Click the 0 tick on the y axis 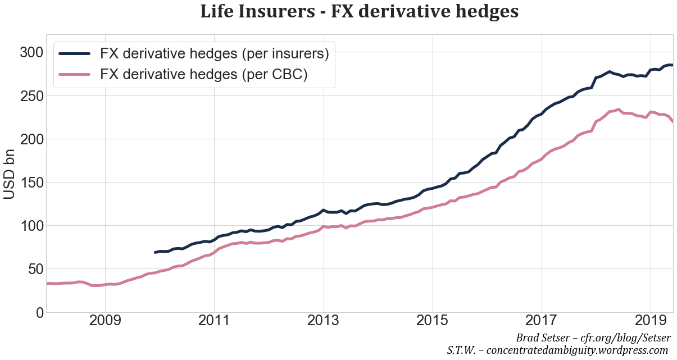click(x=38, y=312)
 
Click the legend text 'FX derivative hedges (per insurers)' click(x=214, y=54)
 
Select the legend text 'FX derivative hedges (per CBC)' click(x=203, y=75)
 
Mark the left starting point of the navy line click(x=155, y=252)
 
